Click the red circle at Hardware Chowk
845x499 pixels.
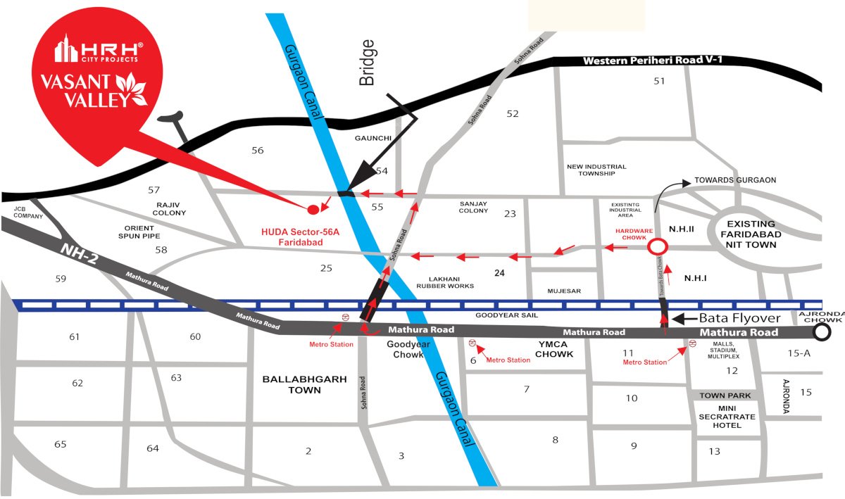click(658, 247)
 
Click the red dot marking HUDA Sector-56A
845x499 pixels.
click(313, 209)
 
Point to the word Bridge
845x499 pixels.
click(367, 63)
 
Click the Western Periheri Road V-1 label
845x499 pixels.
click(653, 61)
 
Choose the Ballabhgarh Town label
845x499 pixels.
click(304, 384)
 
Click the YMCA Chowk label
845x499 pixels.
click(553, 349)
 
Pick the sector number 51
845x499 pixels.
click(659, 81)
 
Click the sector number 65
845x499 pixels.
click(60, 444)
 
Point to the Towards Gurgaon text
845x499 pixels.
click(735, 180)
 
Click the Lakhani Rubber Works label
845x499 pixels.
click(444, 282)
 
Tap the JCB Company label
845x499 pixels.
click(28, 212)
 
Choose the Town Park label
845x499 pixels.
click(725, 396)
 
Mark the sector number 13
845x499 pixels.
click(715, 451)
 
